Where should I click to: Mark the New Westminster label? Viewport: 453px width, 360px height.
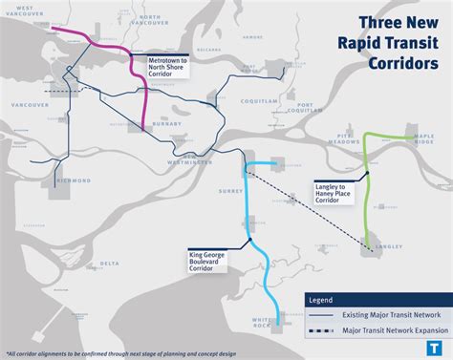click(x=199, y=159)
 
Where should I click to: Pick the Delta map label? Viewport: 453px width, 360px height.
click(x=111, y=263)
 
